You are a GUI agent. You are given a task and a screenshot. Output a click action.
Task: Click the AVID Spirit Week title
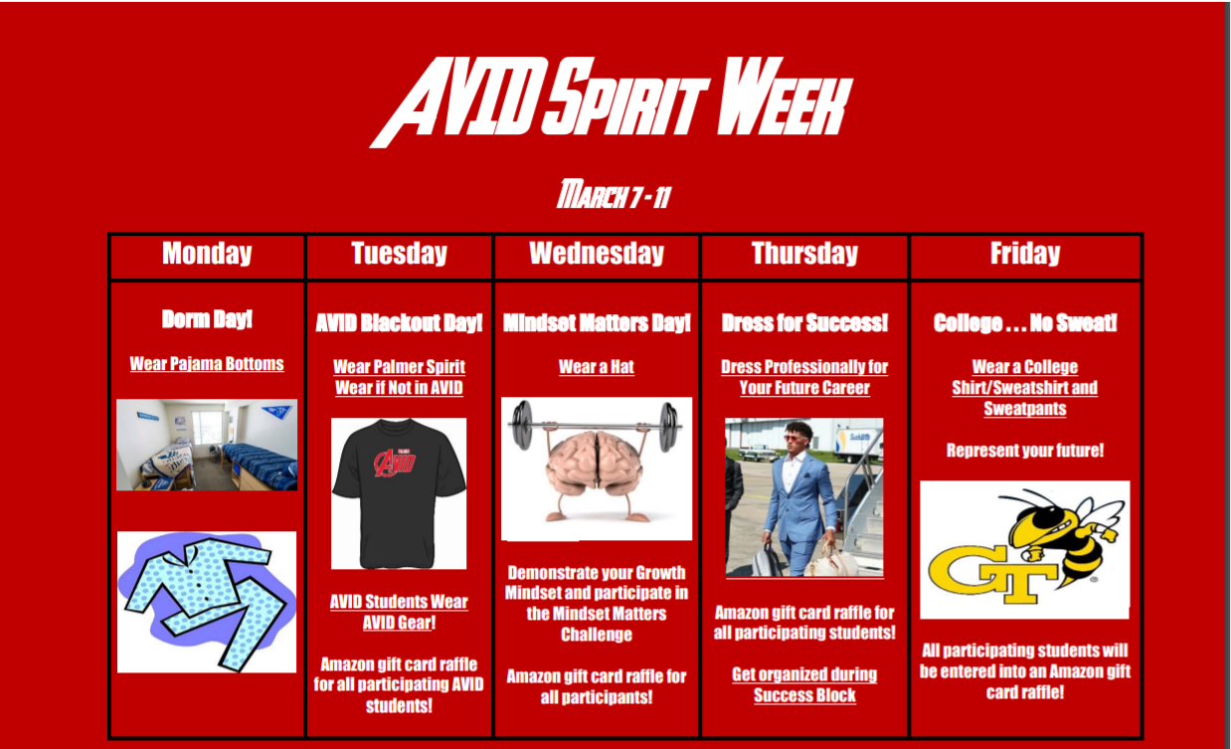613,102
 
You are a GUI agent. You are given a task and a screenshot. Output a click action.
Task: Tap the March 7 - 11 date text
614,196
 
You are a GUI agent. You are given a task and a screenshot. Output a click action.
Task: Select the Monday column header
207,254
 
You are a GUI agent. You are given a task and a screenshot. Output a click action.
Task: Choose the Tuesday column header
399,254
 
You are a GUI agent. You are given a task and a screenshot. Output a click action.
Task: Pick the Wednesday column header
597,254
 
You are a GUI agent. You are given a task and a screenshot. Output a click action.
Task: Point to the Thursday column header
804,254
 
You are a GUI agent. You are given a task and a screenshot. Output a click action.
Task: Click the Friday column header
1025,254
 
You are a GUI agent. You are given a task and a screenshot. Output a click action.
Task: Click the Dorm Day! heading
207,319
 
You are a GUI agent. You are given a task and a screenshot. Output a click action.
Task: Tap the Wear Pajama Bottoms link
207,364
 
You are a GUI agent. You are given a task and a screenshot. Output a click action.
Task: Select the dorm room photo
207,445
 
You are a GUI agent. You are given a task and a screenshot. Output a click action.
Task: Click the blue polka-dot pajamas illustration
207,601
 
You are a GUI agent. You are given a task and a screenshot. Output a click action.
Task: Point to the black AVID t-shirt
399,493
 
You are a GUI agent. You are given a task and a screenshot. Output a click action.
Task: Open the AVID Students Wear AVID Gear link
399,613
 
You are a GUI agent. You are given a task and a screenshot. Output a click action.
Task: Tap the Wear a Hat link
597,367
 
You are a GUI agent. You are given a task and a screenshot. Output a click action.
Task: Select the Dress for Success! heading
804,323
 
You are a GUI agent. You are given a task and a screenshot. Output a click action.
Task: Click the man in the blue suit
800,497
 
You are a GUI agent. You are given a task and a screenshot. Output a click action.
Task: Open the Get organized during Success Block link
804,685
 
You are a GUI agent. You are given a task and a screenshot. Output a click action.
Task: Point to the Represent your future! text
1025,451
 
